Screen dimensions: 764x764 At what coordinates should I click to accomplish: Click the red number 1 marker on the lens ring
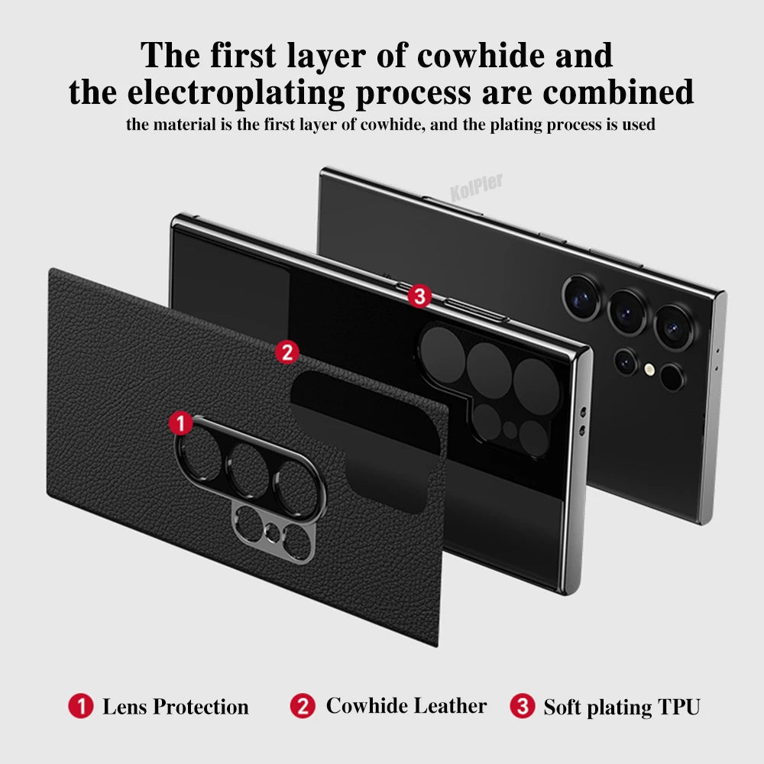(181, 422)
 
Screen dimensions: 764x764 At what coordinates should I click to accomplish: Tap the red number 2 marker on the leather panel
(287, 351)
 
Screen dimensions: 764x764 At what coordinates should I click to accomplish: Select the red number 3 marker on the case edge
(419, 296)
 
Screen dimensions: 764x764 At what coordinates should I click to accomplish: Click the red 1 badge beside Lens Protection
(81, 706)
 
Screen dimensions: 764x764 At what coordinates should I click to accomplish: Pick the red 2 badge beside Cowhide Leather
(303, 705)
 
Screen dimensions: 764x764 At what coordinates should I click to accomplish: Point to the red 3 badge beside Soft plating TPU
(523, 705)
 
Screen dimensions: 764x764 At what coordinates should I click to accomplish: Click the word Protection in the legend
(201, 707)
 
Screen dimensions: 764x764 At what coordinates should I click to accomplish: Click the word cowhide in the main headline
(481, 55)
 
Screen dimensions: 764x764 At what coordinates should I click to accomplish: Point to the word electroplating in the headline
(236, 92)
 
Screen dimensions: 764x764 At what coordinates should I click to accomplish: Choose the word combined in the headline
(618, 91)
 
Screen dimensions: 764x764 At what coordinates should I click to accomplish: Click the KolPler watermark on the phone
(476, 187)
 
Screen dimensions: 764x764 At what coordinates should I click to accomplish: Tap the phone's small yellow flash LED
(649, 369)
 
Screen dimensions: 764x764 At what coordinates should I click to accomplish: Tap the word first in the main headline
(243, 55)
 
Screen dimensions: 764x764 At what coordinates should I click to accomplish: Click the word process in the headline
(413, 93)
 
